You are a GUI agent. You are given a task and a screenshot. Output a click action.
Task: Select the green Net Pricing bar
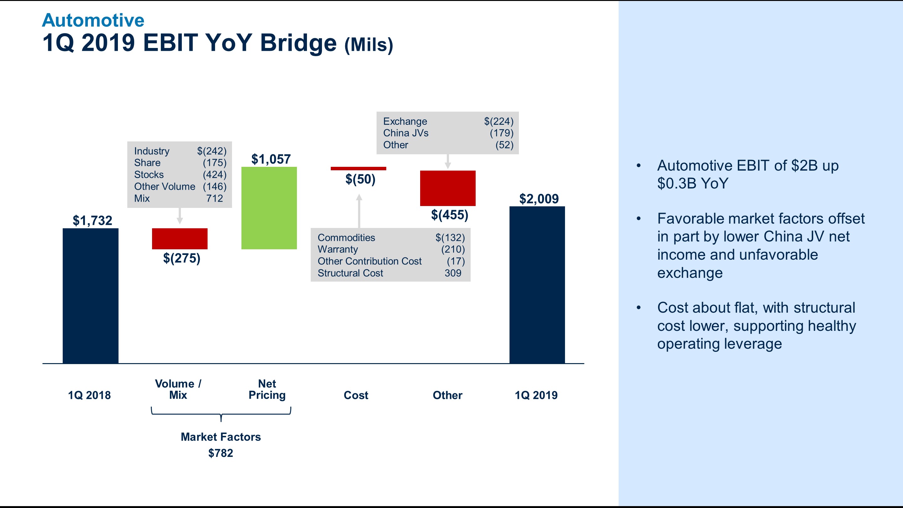[x=269, y=208]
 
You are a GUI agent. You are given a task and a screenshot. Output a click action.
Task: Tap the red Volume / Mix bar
[x=179, y=238]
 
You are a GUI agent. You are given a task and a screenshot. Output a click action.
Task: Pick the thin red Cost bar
[x=358, y=169]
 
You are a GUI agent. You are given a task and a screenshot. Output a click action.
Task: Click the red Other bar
[x=448, y=188]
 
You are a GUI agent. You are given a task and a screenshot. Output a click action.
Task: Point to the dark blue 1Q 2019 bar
[x=537, y=285]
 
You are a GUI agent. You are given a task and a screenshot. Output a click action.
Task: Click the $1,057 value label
[x=271, y=159]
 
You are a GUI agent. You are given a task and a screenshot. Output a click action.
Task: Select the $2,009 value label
[x=539, y=199]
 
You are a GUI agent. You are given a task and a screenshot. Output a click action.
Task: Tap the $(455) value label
[x=449, y=214]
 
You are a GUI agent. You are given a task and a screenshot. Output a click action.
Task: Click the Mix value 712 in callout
[x=214, y=198]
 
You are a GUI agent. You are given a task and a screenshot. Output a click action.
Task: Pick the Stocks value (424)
[x=214, y=175]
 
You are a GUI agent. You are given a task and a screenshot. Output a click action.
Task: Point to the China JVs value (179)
[x=501, y=133]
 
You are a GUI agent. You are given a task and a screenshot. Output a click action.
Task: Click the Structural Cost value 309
[x=452, y=273]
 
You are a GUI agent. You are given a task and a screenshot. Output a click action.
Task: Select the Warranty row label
[x=338, y=249]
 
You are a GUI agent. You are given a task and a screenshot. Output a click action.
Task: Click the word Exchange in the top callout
[x=405, y=121]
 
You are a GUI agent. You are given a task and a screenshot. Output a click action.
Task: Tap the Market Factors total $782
[x=220, y=453]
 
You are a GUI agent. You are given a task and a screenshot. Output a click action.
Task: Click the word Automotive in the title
[x=93, y=20]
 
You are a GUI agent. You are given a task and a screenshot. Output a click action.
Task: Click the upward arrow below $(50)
[x=359, y=210]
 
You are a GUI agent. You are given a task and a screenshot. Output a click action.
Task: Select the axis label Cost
[x=356, y=395]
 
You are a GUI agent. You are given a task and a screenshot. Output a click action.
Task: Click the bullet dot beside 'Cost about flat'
[x=638, y=308]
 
